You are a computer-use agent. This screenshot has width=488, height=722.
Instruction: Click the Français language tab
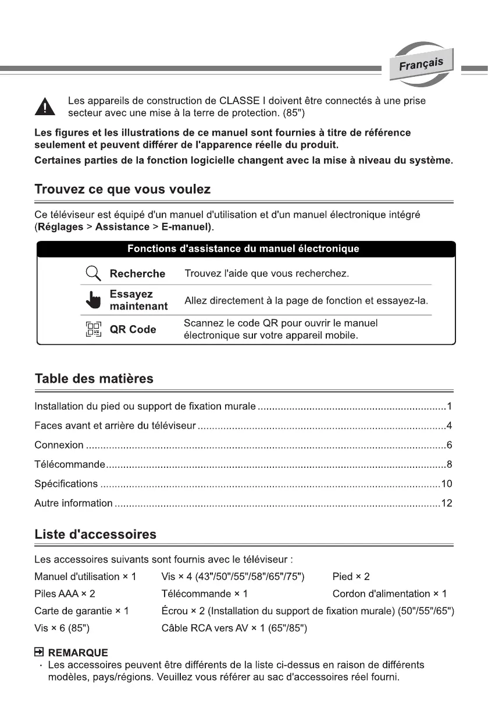point(421,64)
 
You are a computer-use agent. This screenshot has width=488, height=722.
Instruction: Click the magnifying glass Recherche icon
point(93,273)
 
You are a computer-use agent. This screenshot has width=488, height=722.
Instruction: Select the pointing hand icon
point(93,300)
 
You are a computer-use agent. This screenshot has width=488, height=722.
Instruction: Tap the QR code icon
point(93,329)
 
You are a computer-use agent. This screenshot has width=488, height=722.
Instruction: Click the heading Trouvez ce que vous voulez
point(123,189)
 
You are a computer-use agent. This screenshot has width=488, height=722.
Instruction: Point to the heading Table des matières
point(94,379)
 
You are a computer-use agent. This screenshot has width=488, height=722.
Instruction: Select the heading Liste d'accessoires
point(95,534)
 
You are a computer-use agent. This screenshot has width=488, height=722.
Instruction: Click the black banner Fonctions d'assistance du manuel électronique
point(244,248)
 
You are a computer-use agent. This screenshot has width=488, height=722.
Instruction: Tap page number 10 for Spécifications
point(446,483)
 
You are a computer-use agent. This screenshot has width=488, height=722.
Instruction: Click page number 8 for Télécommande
point(449,464)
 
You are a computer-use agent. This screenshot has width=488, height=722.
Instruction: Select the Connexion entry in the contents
point(59,445)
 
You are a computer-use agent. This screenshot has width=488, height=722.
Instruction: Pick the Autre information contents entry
point(73,503)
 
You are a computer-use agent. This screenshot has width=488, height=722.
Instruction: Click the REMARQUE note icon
point(39,653)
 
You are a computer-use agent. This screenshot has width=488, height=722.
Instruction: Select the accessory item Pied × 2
point(351,577)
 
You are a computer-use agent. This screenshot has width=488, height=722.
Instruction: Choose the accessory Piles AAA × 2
point(65,593)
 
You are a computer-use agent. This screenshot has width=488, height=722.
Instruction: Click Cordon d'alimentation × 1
point(389,593)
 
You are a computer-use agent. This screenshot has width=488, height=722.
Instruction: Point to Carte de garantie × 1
point(81,611)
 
